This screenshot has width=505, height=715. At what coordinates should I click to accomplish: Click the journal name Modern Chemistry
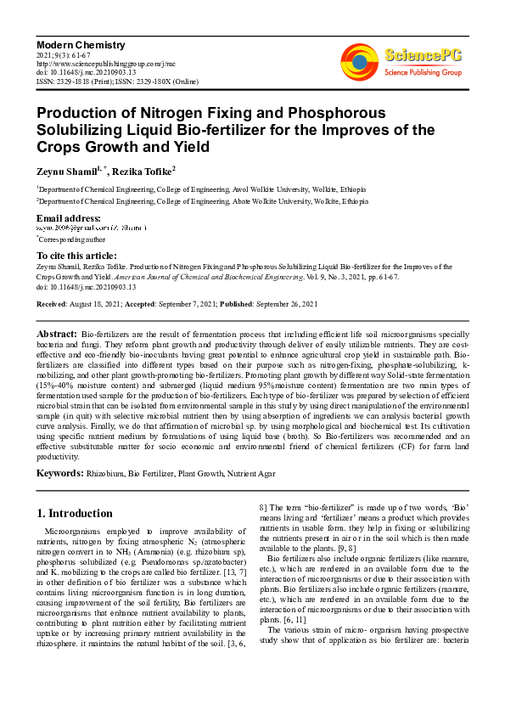(81, 44)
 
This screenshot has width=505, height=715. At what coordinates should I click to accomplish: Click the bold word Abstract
(59, 335)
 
